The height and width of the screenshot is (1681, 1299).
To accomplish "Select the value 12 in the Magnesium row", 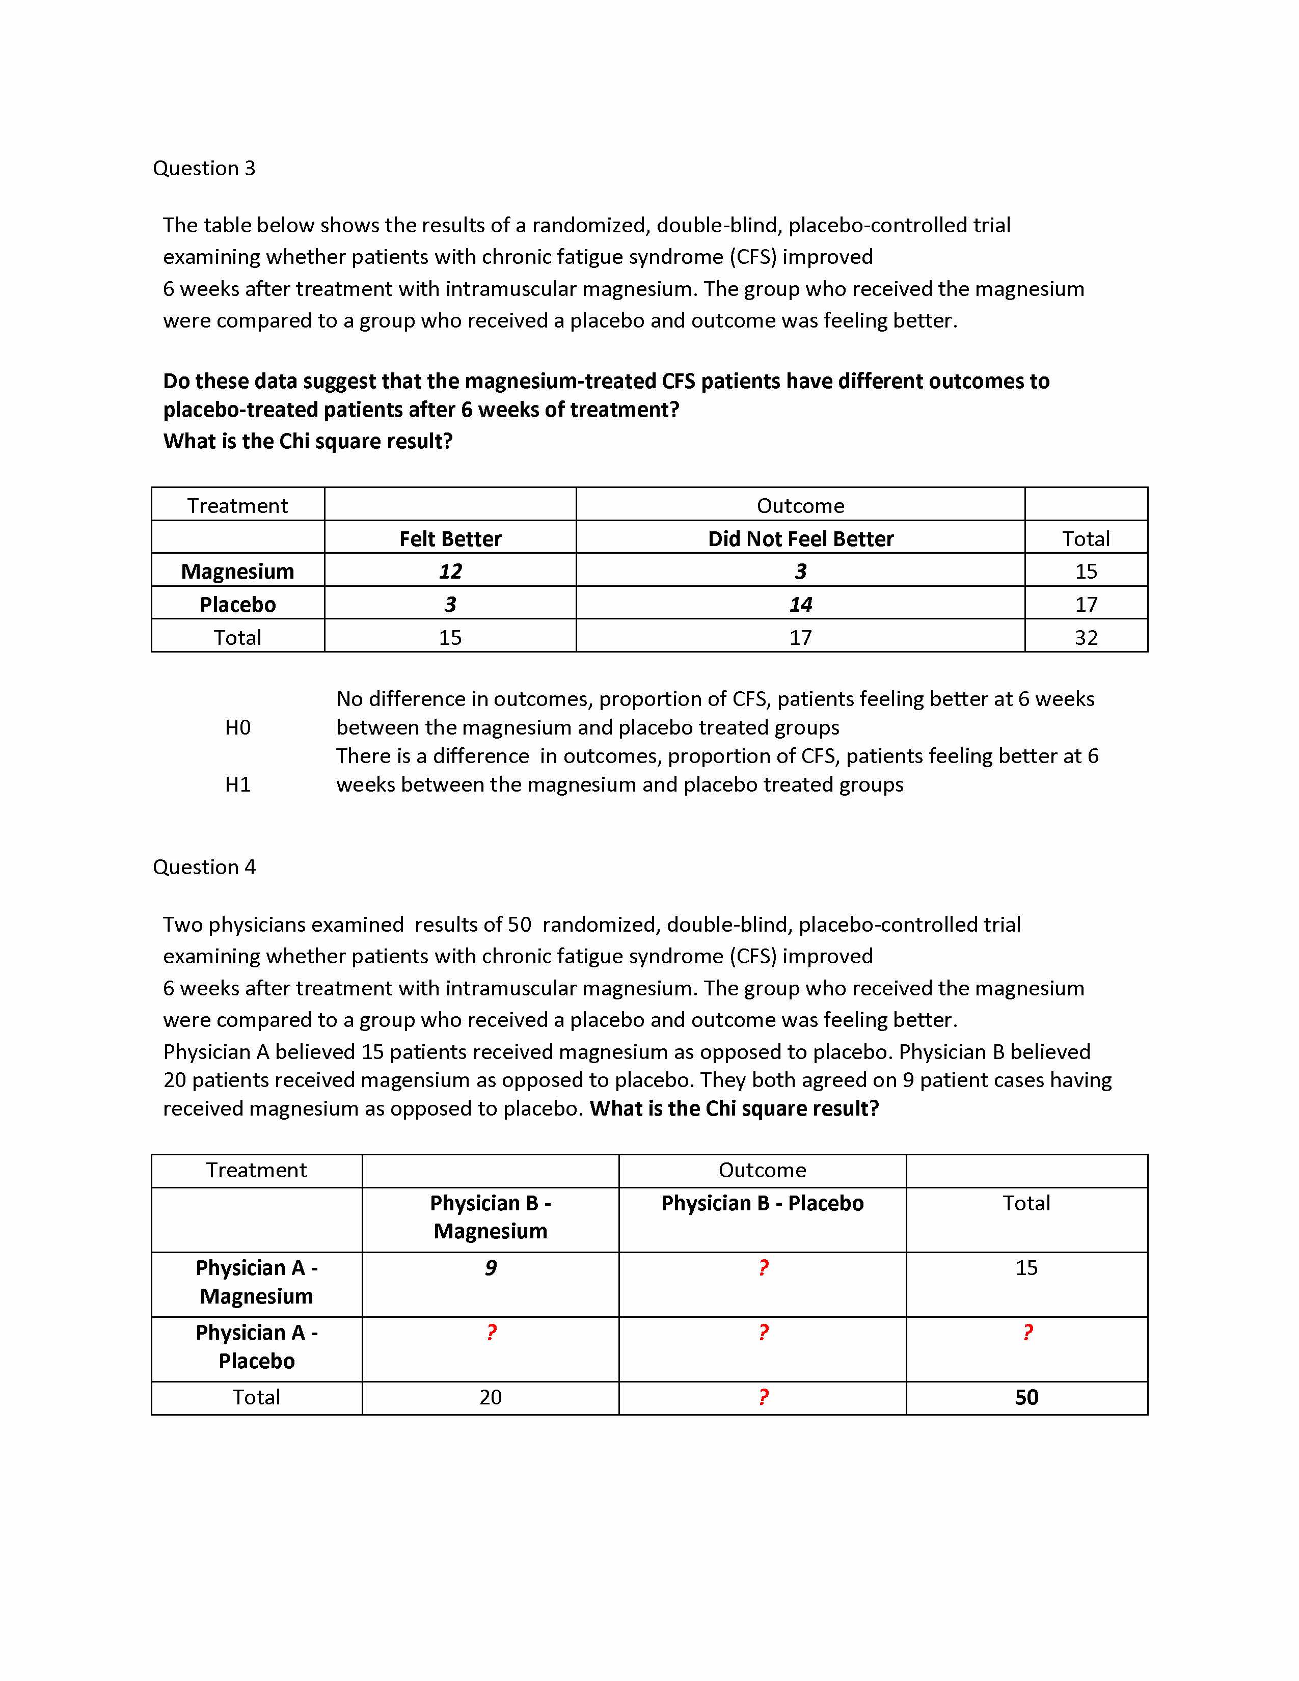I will coord(450,571).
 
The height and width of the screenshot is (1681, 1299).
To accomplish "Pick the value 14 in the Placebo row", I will coord(800,604).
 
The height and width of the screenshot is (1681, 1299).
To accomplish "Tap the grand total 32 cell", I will coord(1086,637).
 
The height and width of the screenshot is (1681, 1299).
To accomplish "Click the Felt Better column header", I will coord(450,539).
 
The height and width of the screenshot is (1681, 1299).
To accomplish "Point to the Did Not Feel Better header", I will coord(800,539).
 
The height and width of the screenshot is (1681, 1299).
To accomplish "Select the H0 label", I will coord(238,727).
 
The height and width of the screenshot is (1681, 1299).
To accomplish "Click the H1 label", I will coord(238,784).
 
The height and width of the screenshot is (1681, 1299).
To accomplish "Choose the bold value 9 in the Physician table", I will coord(490,1268).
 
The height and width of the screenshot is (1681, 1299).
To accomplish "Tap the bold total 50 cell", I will coord(1026,1397).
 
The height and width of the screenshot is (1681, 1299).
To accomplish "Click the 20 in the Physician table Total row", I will coord(490,1397).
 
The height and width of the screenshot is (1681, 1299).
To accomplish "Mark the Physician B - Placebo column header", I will coord(762,1203).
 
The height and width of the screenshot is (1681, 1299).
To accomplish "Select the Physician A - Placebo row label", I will coord(256,1347).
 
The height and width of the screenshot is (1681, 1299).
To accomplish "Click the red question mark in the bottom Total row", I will coord(763,1397).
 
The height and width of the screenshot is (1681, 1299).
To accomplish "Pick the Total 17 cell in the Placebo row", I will coord(1086,604).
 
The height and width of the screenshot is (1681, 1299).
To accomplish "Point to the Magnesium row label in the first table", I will coord(238,571).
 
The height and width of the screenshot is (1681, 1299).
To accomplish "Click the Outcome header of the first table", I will coord(800,506).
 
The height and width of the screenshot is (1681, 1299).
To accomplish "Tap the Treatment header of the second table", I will coord(256,1170).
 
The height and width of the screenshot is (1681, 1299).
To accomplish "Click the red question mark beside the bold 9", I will coord(763,1268).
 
